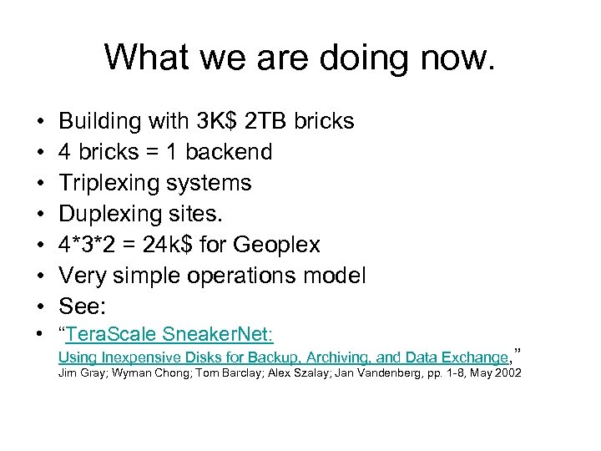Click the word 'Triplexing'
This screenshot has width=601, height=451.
coord(108,183)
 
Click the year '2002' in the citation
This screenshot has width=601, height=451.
coord(507,372)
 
